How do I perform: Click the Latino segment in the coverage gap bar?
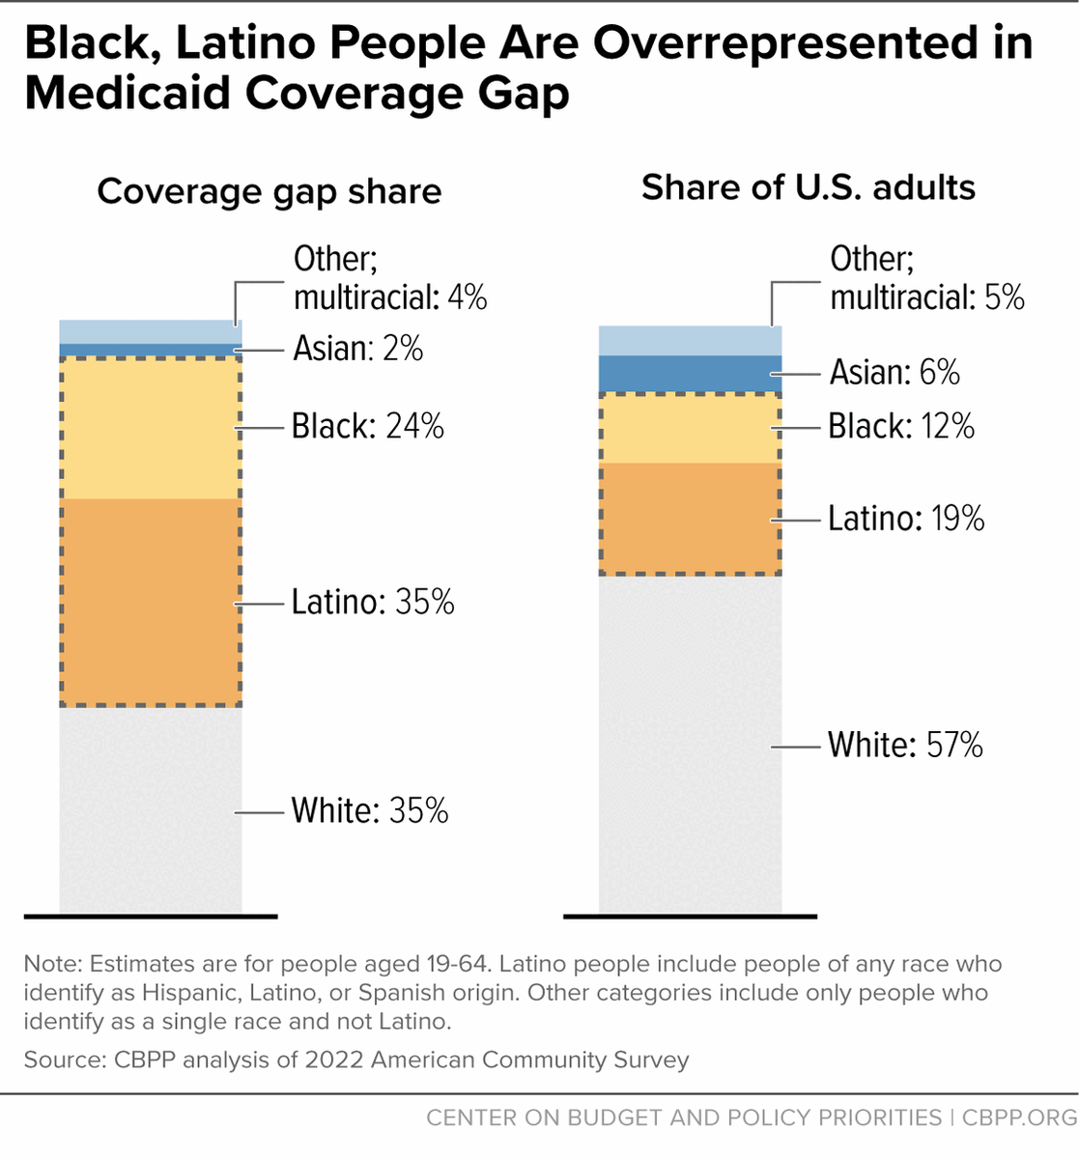pyautogui.click(x=150, y=602)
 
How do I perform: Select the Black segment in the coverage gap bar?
pyautogui.click(x=150, y=428)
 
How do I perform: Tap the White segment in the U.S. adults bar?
pyautogui.click(x=690, y=745)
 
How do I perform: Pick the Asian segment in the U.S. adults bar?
pyautogui.click(x=690, y=374)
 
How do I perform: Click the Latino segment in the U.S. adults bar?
pyautogui.click(x=690, y=519)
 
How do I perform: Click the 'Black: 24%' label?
pyautogui.click(x=368, y=426)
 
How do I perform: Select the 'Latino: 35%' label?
pyautogui.click(x=373, y=602)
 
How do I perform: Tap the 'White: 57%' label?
pyautogui.click(x=905, y=745)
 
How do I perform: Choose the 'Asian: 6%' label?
pyautogui.click(x=894, y=372)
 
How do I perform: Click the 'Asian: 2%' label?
pyautogui.click(x=358, y=348)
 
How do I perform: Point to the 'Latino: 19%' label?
pyautogui.click(x=906, y=519)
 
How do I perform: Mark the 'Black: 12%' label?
pyautogui.click(x=901, y=426)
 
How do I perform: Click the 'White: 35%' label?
pyautogui.click(x=370, y=810)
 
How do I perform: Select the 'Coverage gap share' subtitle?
pyautogui.click(x=270, y=191)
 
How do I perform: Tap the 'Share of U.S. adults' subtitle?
pyautogui.click(x=809, y=187)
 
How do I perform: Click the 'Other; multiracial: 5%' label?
pyautogui.click(x=926, y=278)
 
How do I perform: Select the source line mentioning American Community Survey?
pyautogui.click(x=356, y=1060)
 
